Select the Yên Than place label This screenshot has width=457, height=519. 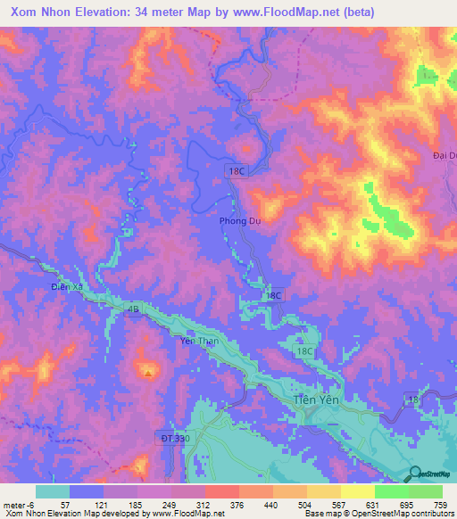pyautogui.click(x=200, y=341)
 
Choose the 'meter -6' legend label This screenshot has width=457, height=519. pyautogui.click(x=18, y=505)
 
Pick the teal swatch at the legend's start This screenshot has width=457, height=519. pyautogui.click(x=53, y=491)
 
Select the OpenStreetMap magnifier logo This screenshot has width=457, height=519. pyautogui.click(x=415, y=473)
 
